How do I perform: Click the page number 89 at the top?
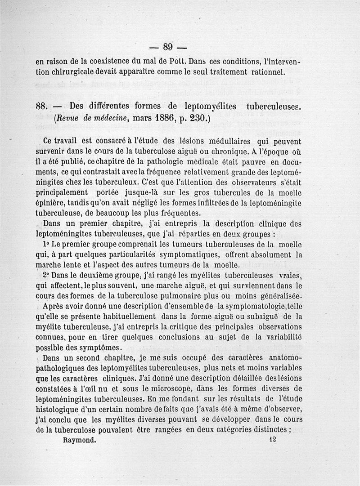(x=168, y=47)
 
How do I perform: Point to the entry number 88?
(x=42, y=107)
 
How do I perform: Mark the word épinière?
(x=53, y=204)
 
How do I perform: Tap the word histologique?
(x=60, y=410)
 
